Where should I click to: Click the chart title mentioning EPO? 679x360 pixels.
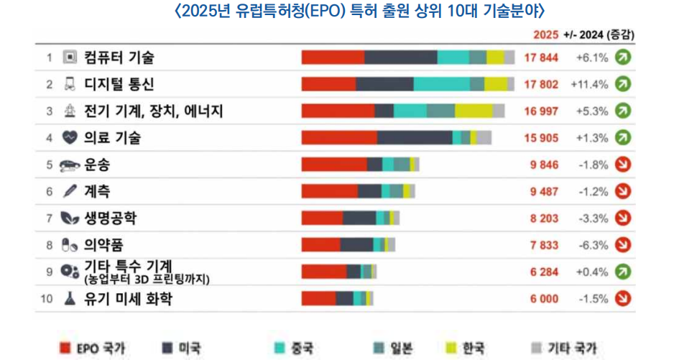click(x=339, y=11)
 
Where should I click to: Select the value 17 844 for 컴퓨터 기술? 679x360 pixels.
click(x=541, y=57)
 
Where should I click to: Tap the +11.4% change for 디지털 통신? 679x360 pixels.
click(x=589, y=84)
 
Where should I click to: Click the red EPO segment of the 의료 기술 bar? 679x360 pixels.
click(x=338, y=138)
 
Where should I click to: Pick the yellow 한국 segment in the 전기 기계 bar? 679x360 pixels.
click(x=474, y=111)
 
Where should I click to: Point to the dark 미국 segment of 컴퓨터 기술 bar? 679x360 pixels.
click(x=400, y=57)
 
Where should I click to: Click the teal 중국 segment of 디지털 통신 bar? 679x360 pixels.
click(x=441, y=84)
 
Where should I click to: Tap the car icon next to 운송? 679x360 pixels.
click(x=70, y=165)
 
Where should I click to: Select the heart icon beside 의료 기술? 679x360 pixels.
click(x=70, y=138)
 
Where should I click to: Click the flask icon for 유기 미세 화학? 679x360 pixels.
click(x=70, y=299)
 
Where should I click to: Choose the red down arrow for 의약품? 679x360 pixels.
click(x=623, y=245)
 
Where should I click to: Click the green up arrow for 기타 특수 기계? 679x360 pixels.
click(x=623, y=272)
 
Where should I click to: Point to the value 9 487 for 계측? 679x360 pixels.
click(x=544, y=191)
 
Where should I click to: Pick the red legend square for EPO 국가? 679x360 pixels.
click(x=64, y=349)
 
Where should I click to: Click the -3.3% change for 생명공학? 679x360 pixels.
click(x=593, y=218)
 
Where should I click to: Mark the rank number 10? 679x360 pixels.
click(x=47, y=299)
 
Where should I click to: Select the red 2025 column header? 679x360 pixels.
click(x=546, y=34)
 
